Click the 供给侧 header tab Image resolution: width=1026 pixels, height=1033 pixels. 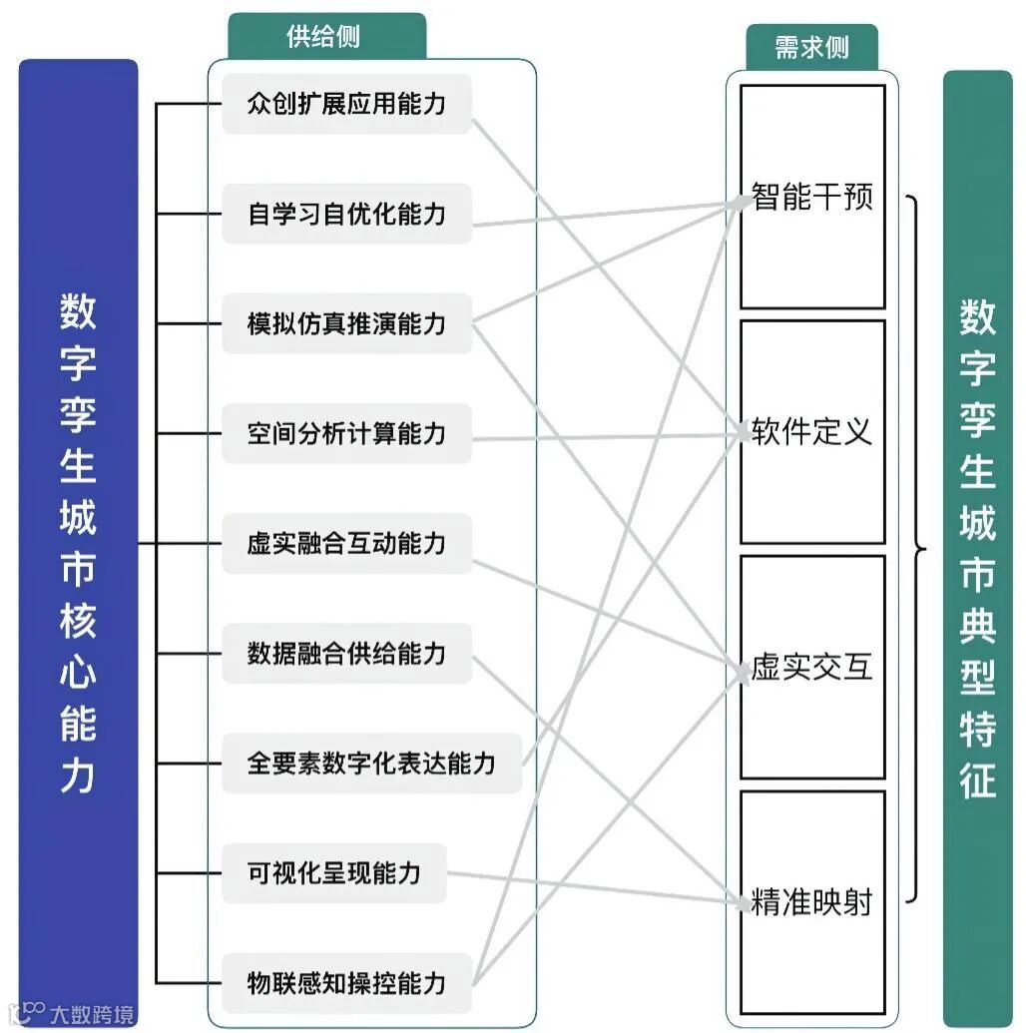pyautogui.click(x=326, y=38)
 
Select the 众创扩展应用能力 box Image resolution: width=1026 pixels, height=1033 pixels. pyautogui.click(x=346, y=104)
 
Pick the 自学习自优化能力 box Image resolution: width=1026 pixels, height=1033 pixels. pyautogui.click(x=346, y=214)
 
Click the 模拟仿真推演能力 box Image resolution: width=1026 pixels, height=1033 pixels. pyautogui.click(x=346, y=323)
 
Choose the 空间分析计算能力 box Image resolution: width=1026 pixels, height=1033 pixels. pyautogui.click(x=346, y=433)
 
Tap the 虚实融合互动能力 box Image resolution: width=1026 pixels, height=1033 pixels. pyautogui.click(x=346, y=544)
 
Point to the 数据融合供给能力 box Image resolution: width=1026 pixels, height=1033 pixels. pyautogui.click(x=346, y=654)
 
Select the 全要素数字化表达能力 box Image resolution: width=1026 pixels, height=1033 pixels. pyautogui.click(x=371, y=764)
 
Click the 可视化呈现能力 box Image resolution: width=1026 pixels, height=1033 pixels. pyautogui.click(x=334, y=873)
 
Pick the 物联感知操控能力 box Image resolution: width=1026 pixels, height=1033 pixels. pyautogui.click(x=346, y=983)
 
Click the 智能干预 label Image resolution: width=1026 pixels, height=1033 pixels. pyautogui.click(x=812, y=197)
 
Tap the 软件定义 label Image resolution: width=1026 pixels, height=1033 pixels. pyautogui.click(x=812, y=432)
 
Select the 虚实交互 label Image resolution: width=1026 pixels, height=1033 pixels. pyautogui.click(x=812, y=668)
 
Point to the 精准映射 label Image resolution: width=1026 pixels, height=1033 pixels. pyautogui.click(x=812, y=903)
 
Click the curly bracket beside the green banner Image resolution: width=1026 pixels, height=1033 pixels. pyautogui.click(x=916, y=548)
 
